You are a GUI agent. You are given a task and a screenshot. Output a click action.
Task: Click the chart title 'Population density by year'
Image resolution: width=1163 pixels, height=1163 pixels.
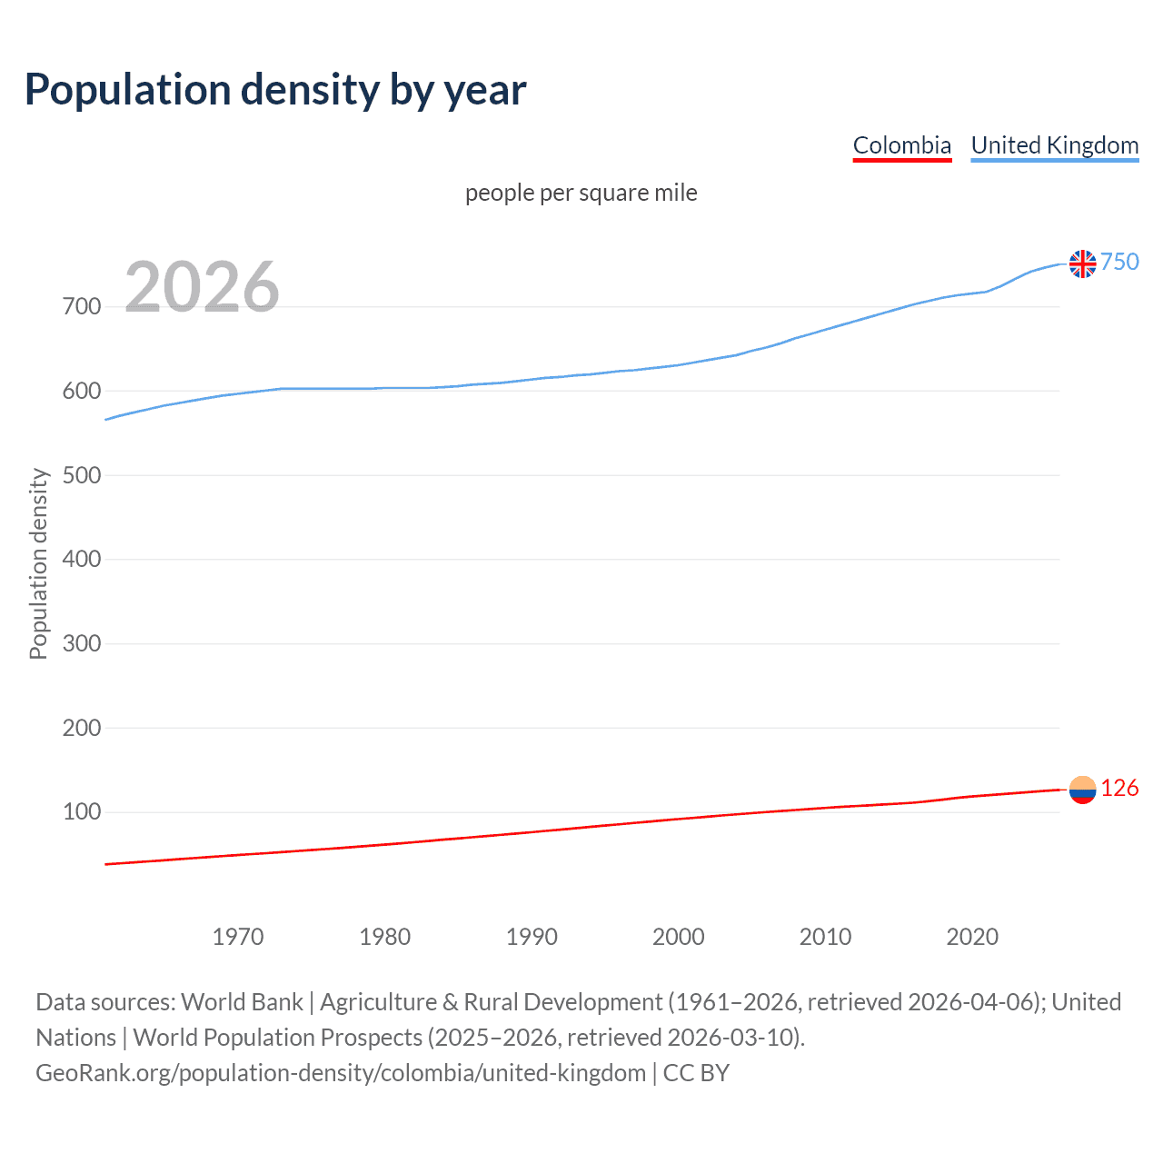(275, 90)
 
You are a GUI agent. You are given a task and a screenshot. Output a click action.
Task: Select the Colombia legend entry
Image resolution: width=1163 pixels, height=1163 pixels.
(901, 145)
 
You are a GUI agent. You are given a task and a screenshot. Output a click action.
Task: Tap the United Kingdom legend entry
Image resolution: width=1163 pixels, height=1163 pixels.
(1054, 145)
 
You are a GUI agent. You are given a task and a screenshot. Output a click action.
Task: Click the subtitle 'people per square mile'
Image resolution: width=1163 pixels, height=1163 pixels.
(581, 193)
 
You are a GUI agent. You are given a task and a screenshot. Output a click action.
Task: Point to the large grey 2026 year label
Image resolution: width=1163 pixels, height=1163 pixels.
(202, 287)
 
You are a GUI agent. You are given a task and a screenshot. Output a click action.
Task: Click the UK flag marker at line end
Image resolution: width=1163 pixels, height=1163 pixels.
(1082, 263)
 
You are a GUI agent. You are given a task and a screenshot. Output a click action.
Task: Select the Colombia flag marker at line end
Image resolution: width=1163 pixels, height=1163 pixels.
(1082, 790)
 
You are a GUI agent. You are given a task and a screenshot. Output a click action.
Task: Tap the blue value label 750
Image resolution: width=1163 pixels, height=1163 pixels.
(1119, 262)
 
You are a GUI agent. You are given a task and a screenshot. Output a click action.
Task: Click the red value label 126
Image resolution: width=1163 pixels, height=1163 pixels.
(1119, 788)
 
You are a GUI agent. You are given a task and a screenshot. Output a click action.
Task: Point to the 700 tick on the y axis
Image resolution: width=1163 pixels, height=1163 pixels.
(82, 306)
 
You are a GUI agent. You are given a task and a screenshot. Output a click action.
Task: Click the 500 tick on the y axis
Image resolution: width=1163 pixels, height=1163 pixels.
(82, 475)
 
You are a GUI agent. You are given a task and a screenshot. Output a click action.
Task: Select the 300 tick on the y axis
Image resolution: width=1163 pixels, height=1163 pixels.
(82, 643)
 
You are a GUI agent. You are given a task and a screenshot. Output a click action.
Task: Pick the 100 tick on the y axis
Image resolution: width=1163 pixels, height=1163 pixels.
(82, 811)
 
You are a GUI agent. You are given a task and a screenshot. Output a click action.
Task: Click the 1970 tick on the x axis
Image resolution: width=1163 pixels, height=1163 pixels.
(238, 937)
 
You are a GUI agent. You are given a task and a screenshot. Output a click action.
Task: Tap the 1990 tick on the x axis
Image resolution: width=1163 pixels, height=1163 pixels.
(532, 937)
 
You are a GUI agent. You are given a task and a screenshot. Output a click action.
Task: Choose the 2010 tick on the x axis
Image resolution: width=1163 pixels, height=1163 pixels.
(825, 937)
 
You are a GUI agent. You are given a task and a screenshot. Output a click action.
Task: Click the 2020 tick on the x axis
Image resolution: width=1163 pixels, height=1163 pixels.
(972, 937)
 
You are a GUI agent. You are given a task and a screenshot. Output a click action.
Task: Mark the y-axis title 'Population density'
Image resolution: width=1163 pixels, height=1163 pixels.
(38, 563)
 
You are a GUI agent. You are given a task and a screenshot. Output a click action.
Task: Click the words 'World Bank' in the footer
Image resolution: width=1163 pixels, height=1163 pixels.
(242, 1002)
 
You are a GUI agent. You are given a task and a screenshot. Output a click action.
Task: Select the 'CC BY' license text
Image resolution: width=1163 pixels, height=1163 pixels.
(696, 1073)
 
